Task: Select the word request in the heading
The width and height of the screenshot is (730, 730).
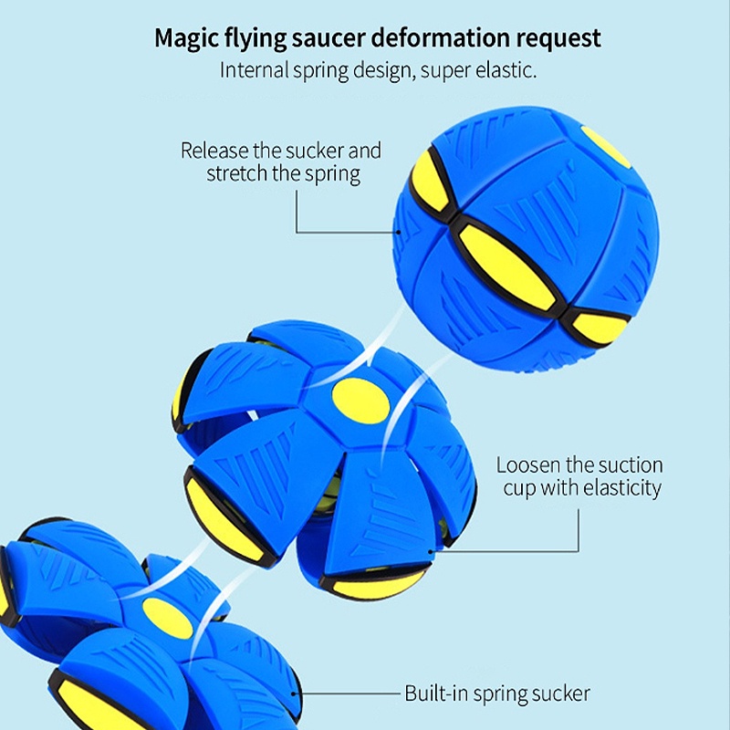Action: click(x=557, y=38)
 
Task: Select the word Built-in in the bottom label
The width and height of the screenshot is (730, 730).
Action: click(x=436, y=693)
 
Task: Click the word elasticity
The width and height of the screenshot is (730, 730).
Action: click(x=615, y=488)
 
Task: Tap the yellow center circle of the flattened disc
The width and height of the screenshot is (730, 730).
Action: click(x=167, y=620)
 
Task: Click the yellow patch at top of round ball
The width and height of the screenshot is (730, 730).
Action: click(x=607, y=146)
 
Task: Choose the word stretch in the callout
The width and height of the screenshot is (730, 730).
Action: click(x=236, y=172)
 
